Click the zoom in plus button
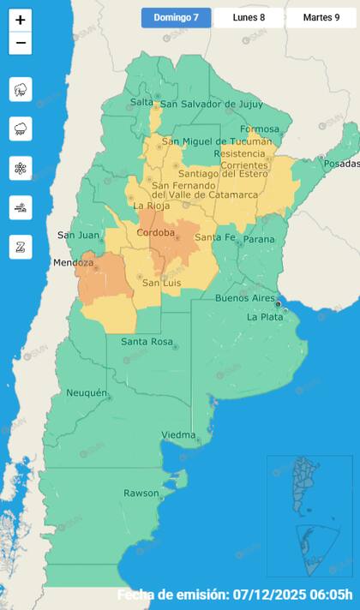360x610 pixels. (x=21, y=20)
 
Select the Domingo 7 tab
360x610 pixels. (x=176, y=17)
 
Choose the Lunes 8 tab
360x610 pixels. (x=249, y=17)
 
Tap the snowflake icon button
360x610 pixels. (x=21, y=168)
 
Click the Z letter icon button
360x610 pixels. (x=21, y=247)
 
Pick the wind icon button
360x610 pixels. (x=21, y=207)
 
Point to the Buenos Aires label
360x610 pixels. (x=244, y=298)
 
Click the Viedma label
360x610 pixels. (x=178, y=434)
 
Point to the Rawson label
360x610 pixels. (x=141, y=493)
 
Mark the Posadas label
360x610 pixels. (x=341, y=163)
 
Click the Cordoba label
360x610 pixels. (x=156, y=232)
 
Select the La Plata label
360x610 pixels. (x=264, y=317)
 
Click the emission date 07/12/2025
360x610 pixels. (x=290, y=595)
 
